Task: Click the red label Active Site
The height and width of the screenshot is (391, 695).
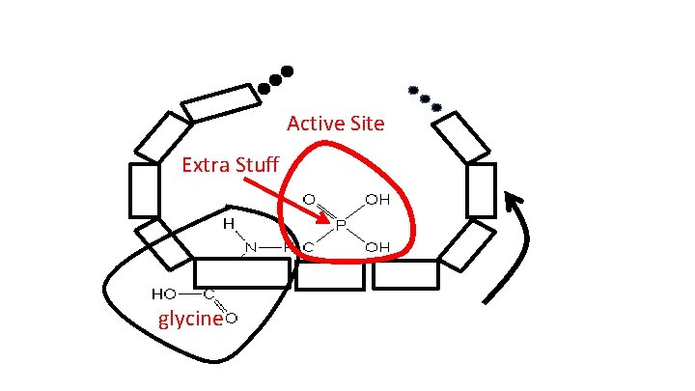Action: (335, 124)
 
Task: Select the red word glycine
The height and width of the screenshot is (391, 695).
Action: (190, 320)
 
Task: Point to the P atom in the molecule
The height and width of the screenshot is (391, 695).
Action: (341, 225)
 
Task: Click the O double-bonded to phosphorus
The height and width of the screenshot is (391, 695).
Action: (309, 200)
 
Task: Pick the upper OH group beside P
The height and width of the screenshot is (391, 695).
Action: (376, 200)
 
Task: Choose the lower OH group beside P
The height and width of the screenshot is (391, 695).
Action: (376, 248)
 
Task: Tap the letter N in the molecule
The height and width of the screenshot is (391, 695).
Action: (251, 248)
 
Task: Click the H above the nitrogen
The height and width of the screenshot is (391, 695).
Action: (230, 223)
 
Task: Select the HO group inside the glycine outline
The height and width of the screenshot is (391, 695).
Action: (163, 293)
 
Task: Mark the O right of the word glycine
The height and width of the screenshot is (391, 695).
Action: (232, 318)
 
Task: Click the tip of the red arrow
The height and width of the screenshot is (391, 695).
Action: (329, 215)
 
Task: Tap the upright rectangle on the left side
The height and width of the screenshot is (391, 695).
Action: (144, 189)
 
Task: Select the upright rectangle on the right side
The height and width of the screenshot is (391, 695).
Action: (481, 189)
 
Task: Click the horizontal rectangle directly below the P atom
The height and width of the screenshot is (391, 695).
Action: (329, 275)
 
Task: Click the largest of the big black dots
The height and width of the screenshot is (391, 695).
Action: (287, 71)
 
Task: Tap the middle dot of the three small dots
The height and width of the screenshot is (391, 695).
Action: (426, 98)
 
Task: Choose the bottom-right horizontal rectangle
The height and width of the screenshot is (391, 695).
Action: (404, 273)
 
